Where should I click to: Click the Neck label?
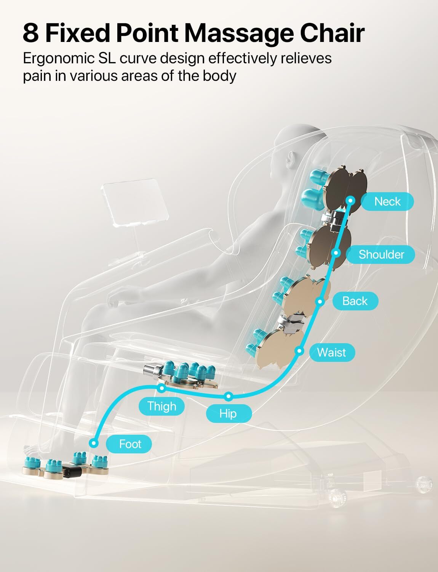pos(387,201)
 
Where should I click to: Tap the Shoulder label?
pos(381,254)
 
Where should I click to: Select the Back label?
pos(355,301)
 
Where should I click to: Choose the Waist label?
pos(332,352)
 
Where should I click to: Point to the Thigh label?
pos(161,406)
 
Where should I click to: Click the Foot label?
pos(129,444)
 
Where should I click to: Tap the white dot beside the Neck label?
pos(350,201)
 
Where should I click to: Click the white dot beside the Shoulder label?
pos(336,253)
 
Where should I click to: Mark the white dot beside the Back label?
pos(320,301)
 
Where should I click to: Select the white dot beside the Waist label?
pos(299,350)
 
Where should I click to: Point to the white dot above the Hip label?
pos(229,396)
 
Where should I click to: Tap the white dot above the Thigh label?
pos(162,388)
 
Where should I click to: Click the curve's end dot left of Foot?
pos(94,443)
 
